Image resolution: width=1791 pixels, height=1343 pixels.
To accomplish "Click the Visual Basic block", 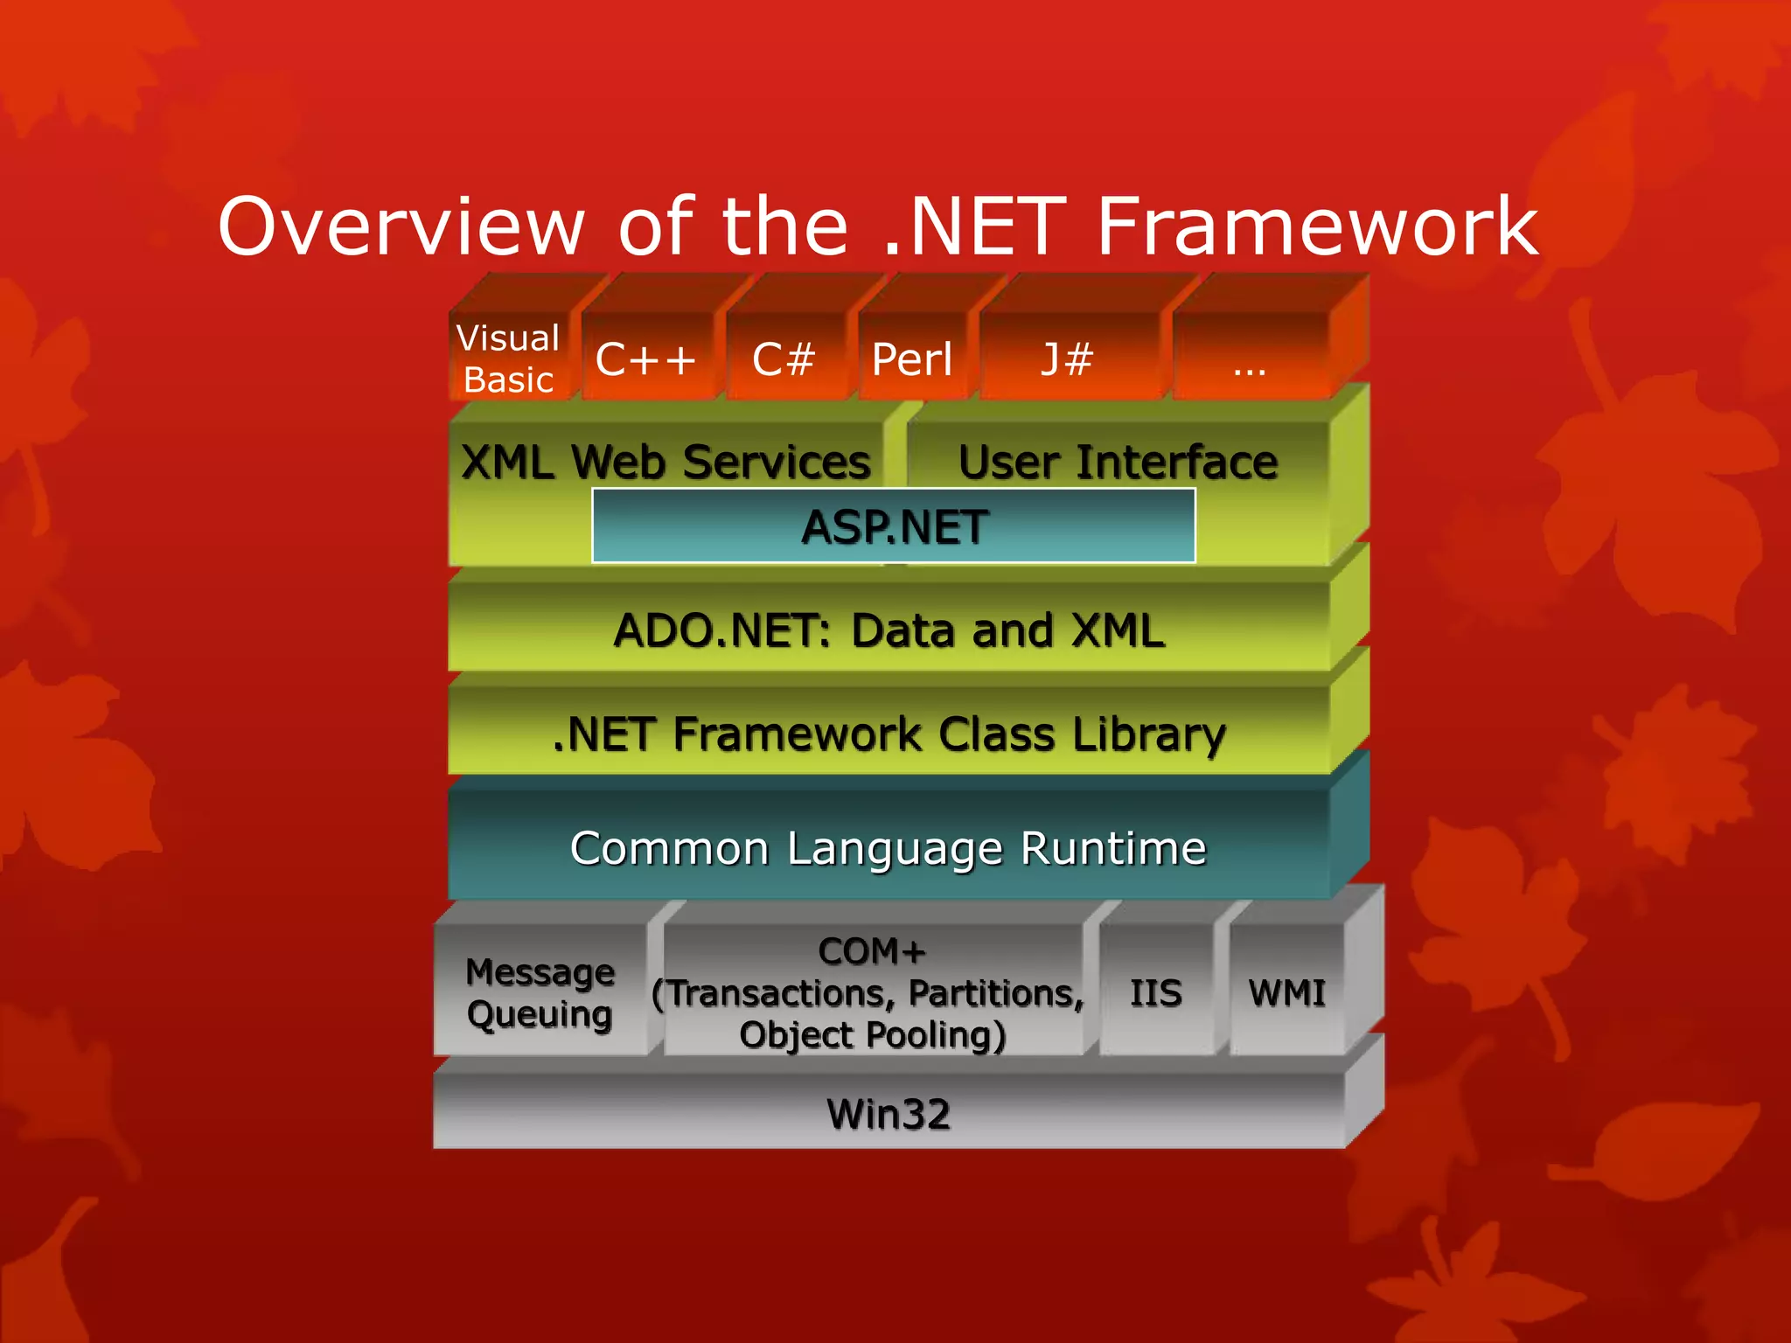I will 509,358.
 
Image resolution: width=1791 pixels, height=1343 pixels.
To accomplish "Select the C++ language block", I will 645,358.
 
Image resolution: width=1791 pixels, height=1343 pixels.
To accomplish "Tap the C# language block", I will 784,358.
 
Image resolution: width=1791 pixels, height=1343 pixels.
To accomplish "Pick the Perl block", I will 912,358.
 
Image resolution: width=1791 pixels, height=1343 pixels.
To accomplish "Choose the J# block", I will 1067,358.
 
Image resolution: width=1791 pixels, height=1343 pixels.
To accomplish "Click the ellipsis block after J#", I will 1250,358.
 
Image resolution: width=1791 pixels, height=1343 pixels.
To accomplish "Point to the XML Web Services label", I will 666,462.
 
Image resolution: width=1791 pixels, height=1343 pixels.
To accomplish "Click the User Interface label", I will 1118,462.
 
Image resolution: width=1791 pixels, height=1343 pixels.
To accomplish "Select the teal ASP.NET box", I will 894,526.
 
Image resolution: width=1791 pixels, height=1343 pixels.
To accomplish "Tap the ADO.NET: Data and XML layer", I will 889,630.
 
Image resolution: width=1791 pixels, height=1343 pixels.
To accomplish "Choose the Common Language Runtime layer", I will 889,847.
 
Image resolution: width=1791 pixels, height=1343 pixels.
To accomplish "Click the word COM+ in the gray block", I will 872,951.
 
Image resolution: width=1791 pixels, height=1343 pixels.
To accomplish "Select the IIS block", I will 1155,992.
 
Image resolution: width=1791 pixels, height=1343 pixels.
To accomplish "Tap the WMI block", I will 1286,992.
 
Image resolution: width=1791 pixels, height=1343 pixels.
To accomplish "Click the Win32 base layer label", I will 889,1113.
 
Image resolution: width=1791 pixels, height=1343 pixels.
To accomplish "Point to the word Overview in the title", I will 401,226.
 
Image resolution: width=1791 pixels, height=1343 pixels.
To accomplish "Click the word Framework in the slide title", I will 1316,226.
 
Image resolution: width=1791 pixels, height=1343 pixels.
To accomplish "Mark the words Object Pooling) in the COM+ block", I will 873,1035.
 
